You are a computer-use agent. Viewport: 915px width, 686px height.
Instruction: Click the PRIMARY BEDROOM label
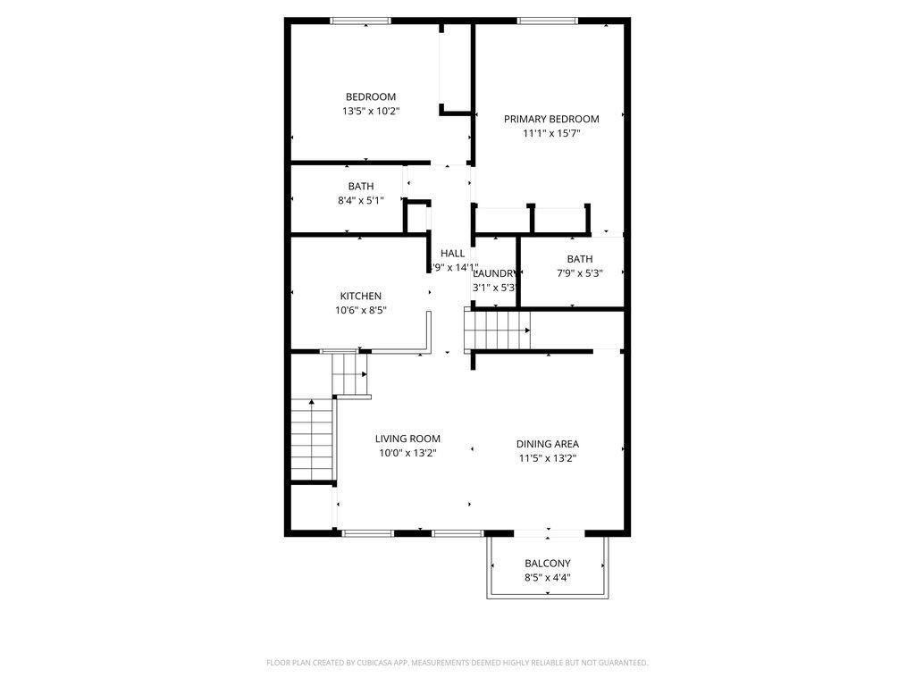coord(551,119)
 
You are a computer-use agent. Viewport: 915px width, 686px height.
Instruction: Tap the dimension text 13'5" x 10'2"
coord(371,112)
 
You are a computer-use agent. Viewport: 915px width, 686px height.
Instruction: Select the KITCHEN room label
coord(361,297)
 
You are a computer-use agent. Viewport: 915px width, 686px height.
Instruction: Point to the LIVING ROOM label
coord(407,439)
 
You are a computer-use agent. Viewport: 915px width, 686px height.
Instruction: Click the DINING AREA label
coord(548,444)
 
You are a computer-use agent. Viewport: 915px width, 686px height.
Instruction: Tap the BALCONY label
coord(548,564)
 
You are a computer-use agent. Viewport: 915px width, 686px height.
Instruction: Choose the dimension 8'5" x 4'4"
coord(548,578)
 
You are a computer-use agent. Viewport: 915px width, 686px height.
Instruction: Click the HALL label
coord(452,254)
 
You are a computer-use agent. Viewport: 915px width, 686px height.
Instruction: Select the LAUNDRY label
coord(493,273)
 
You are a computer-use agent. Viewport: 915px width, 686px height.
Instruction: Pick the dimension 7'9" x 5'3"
coord(579,273)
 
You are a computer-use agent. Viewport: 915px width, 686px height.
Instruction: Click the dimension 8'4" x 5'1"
coord(361,201)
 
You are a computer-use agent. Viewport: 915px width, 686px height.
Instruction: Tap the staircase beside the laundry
coord(498,330)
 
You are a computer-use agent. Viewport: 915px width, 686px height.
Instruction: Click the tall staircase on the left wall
coord(312,440)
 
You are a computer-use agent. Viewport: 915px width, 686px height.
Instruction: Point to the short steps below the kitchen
coord(350,375)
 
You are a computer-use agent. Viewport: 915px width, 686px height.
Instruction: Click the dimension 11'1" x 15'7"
coord(551,134)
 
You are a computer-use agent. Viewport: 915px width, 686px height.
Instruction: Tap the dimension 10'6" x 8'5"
coord(361,311)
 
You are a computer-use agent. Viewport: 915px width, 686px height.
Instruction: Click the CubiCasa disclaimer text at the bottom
coord(457,663)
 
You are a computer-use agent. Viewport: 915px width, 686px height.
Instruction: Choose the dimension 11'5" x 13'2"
coord(548,458)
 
